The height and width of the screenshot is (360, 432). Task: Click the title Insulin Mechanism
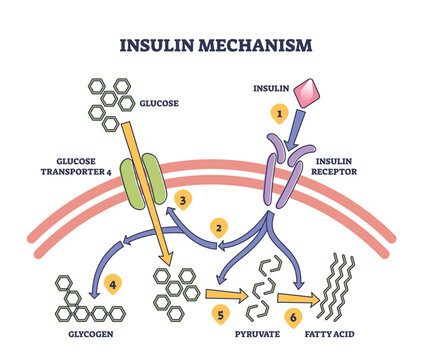(x=216, y=45)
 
